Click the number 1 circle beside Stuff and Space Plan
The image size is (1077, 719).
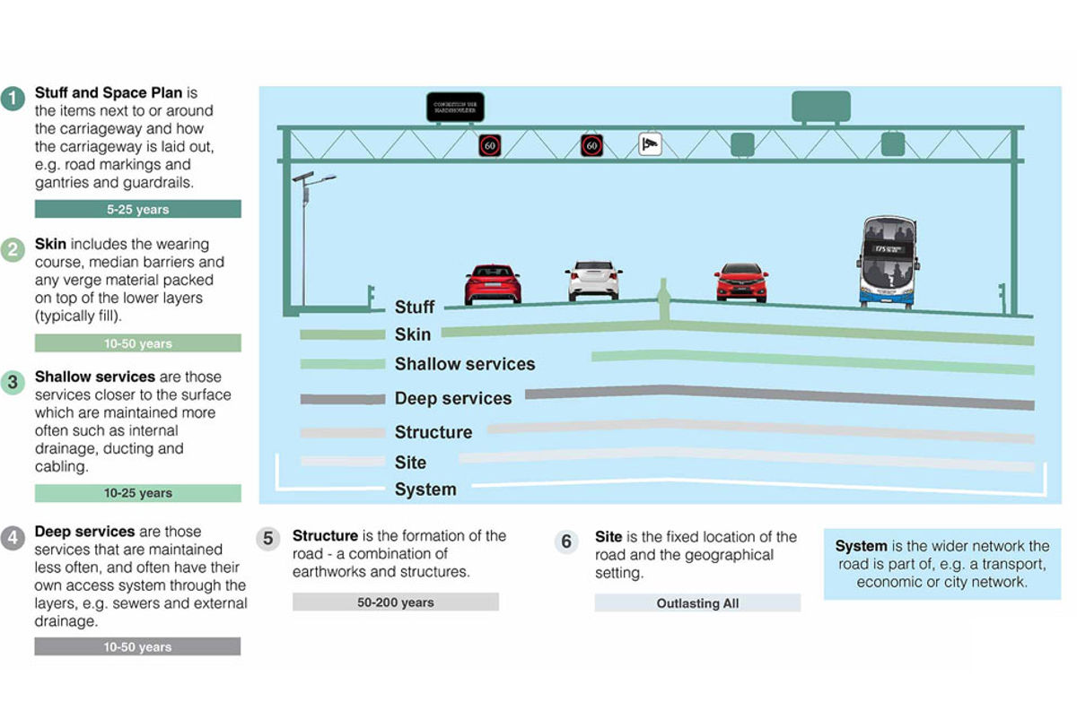pos(13,98)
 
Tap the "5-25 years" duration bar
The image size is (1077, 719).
pos(137,209)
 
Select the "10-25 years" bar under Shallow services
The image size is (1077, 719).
pos(137,493)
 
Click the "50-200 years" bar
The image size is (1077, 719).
pos(395,602)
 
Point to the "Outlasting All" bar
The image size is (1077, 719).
pos(697,603)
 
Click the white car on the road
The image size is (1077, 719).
pos(594,280)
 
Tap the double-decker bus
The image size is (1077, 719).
pos(887,262)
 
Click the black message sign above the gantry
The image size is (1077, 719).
pos(455,107)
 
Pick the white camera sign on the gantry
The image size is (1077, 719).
pos(650,143)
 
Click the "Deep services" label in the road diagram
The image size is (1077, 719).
pos(452,398)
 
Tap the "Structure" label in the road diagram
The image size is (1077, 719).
pos(433,432)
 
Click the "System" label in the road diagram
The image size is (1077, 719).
pos(425,489)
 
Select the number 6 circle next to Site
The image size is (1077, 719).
pos(566,541)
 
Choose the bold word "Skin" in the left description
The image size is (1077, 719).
pos(50,244)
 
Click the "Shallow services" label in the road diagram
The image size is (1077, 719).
pos(464,364)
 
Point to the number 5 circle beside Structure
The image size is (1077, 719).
pos(267,540)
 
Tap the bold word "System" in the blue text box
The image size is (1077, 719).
pos(861,546)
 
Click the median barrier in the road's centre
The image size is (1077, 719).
pos(663,300)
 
